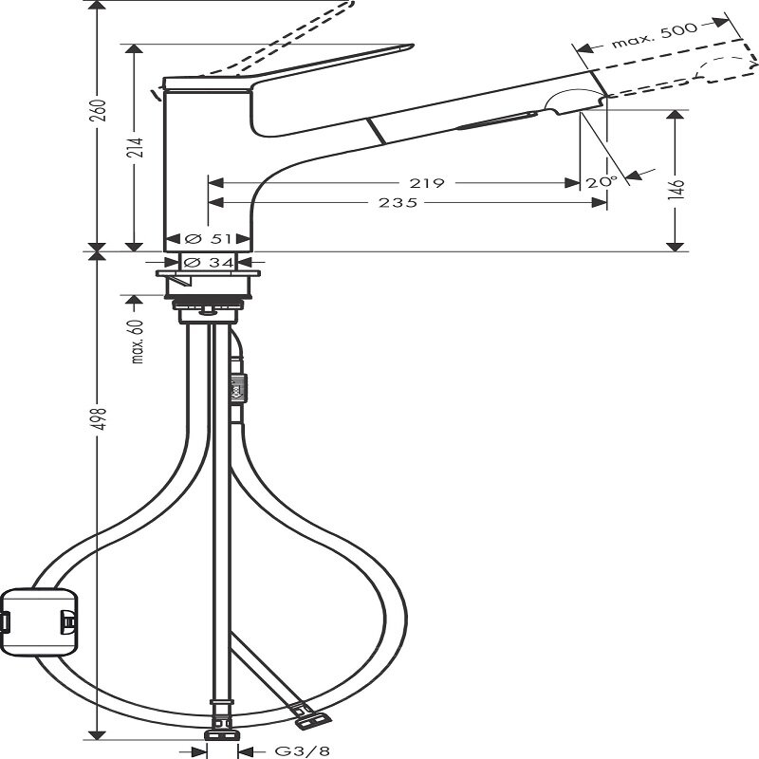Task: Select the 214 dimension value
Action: coord(135,147)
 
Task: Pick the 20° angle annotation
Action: coord(601,181)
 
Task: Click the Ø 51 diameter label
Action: coord(208,238)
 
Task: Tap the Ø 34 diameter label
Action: coord(208,262)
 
